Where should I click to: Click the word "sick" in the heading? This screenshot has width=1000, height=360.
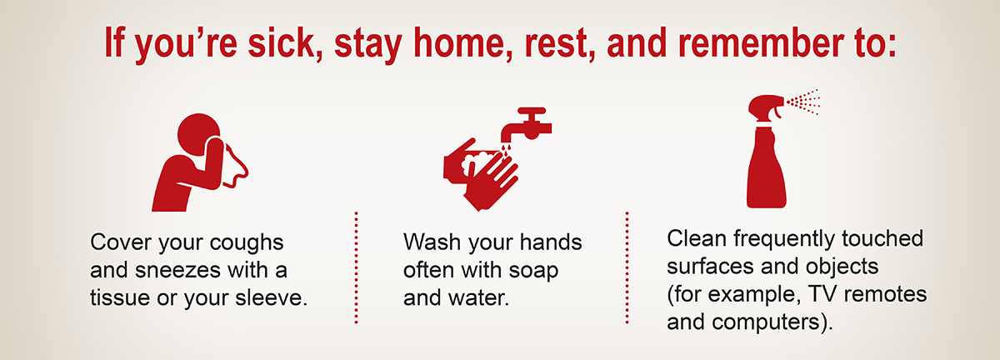point(282,42)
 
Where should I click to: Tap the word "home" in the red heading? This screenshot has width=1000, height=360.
point(462,42)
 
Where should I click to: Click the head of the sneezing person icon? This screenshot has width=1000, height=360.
point(198,133)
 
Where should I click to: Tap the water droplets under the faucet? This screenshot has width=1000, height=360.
point(506,151)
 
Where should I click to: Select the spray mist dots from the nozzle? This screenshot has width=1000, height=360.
point(803,102)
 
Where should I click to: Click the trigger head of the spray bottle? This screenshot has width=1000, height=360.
point(766,107)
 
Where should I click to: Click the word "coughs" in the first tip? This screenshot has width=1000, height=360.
point(247,243)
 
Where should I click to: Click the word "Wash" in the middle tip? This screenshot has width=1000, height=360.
point(432,242)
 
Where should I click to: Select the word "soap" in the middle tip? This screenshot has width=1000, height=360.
point(533,271)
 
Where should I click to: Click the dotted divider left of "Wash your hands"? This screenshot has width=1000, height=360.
point(357,267)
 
